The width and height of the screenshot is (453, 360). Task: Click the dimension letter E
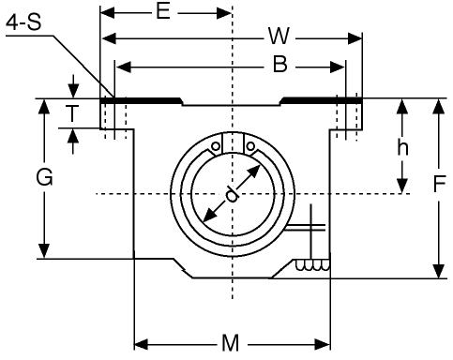pyautogui.click(x=163, y=12)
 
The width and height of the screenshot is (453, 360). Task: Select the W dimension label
pyautogui.click(x=279, y=36)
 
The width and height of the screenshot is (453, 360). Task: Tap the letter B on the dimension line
pyautogui.click(x=279, y=65)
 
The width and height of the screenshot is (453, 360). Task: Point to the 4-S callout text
pyautogui.click(x=23, y=22)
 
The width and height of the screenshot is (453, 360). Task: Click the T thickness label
pyautogui.click(x=72, y=113)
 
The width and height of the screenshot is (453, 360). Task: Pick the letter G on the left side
pyautogui.click(x=44, y=178)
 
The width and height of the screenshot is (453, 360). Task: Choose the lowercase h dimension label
pyautogui.click(x=402, y=148)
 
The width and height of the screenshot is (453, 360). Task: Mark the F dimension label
pyautogui.click(x=439, y=184)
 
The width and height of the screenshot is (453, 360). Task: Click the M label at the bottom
pyautogui.click(x=231, y=343)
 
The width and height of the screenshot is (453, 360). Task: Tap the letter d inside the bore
pyautogui.click(x=232, y=194)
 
